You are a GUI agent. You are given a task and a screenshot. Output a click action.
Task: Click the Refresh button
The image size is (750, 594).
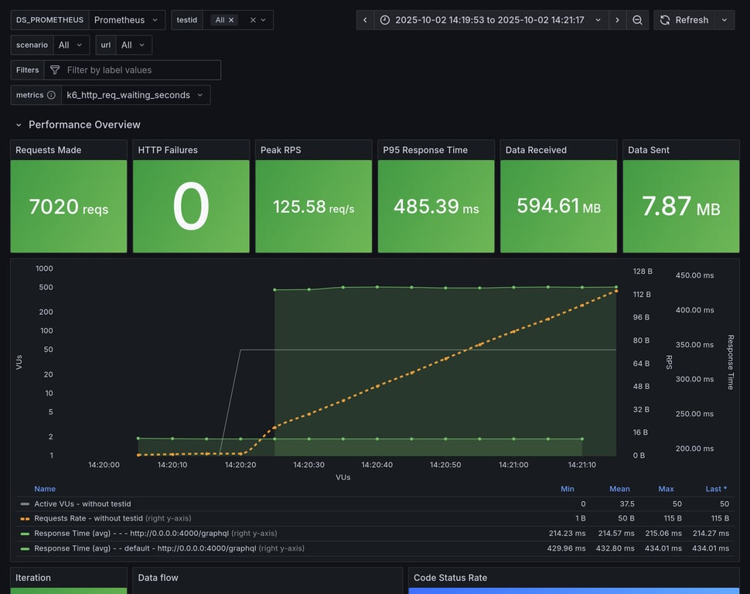(684, 20)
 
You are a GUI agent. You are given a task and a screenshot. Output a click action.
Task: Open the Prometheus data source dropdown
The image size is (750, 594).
(127, 20)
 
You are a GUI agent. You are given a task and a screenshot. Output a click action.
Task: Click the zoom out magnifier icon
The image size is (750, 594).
(637, 20)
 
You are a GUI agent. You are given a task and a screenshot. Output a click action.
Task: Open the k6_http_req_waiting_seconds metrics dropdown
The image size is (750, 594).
(135, 95)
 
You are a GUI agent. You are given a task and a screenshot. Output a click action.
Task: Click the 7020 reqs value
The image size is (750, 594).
(68, 207)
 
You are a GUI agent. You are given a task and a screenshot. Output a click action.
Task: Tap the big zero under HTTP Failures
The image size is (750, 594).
(190, 207)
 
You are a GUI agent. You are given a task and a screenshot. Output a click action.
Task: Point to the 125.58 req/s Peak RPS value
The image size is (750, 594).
(313, 207)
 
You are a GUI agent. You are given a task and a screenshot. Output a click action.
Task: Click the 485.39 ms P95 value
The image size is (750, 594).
(435, 207)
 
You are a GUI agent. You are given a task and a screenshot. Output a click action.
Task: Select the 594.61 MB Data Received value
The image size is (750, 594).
(558, 207)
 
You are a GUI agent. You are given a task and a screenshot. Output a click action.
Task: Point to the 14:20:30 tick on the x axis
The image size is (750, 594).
(309, 465)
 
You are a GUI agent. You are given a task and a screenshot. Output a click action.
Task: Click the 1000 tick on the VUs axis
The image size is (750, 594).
(44, 268)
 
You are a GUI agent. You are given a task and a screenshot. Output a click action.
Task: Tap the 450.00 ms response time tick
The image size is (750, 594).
(694, 275)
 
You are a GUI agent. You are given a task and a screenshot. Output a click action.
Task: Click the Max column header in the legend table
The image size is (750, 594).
(666, 489)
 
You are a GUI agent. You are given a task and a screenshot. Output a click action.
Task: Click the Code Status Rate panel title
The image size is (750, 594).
(450, 578)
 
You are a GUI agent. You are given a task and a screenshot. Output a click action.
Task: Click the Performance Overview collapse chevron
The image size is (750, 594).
(19, 125)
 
